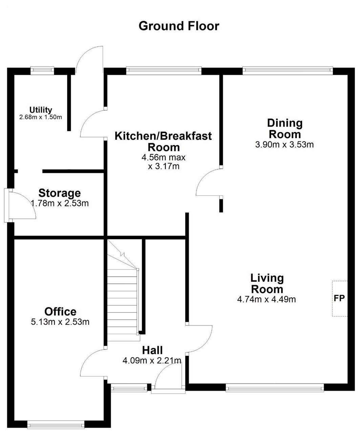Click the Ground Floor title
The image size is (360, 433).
(179, 26)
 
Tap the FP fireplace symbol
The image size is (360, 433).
(339, 298)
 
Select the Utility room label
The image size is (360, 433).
(41, 110)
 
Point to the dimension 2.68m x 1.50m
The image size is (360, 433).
(41, 117)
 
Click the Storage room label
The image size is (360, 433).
(60, 193)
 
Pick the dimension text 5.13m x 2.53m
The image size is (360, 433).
(60, 322)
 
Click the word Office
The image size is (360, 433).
(60, 312)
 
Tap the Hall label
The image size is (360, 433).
(152, 350)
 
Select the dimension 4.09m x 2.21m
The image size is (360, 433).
(152, 361)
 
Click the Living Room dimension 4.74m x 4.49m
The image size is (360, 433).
(267, 299)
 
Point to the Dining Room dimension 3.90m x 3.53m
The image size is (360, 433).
(284, 144)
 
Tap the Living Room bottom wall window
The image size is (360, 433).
(275, 388)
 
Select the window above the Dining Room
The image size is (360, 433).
(288, 70)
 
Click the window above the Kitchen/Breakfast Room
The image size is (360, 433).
(164, 70)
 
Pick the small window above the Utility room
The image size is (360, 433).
(42, 70)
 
